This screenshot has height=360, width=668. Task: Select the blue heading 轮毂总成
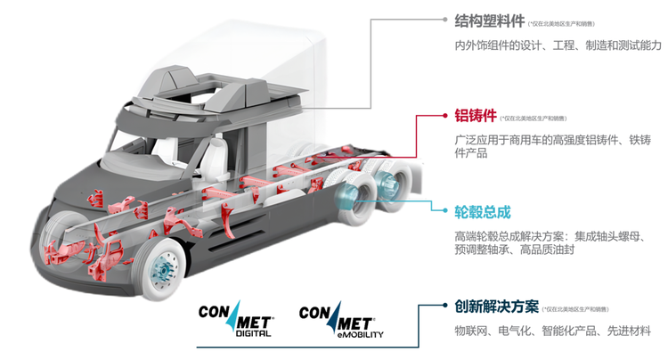click(483, 211)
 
